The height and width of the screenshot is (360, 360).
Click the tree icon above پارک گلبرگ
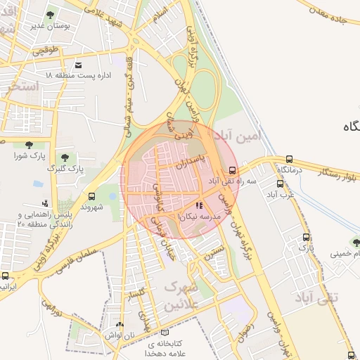[x=65, y=157]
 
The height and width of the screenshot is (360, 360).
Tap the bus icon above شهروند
[x=91, y=196]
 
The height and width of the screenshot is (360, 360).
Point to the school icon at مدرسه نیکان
[x=199, y=206]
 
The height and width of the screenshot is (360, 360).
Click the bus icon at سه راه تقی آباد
[x=233, y=170]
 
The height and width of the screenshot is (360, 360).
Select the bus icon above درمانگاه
[x=289, y=160]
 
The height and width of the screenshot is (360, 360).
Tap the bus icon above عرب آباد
[x=280, y=184]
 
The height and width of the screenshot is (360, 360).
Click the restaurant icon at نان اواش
[x=119, y=324]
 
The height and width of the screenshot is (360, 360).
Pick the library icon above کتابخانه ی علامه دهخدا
[x=165, y=333]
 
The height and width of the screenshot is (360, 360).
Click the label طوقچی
[x=44, y=51]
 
